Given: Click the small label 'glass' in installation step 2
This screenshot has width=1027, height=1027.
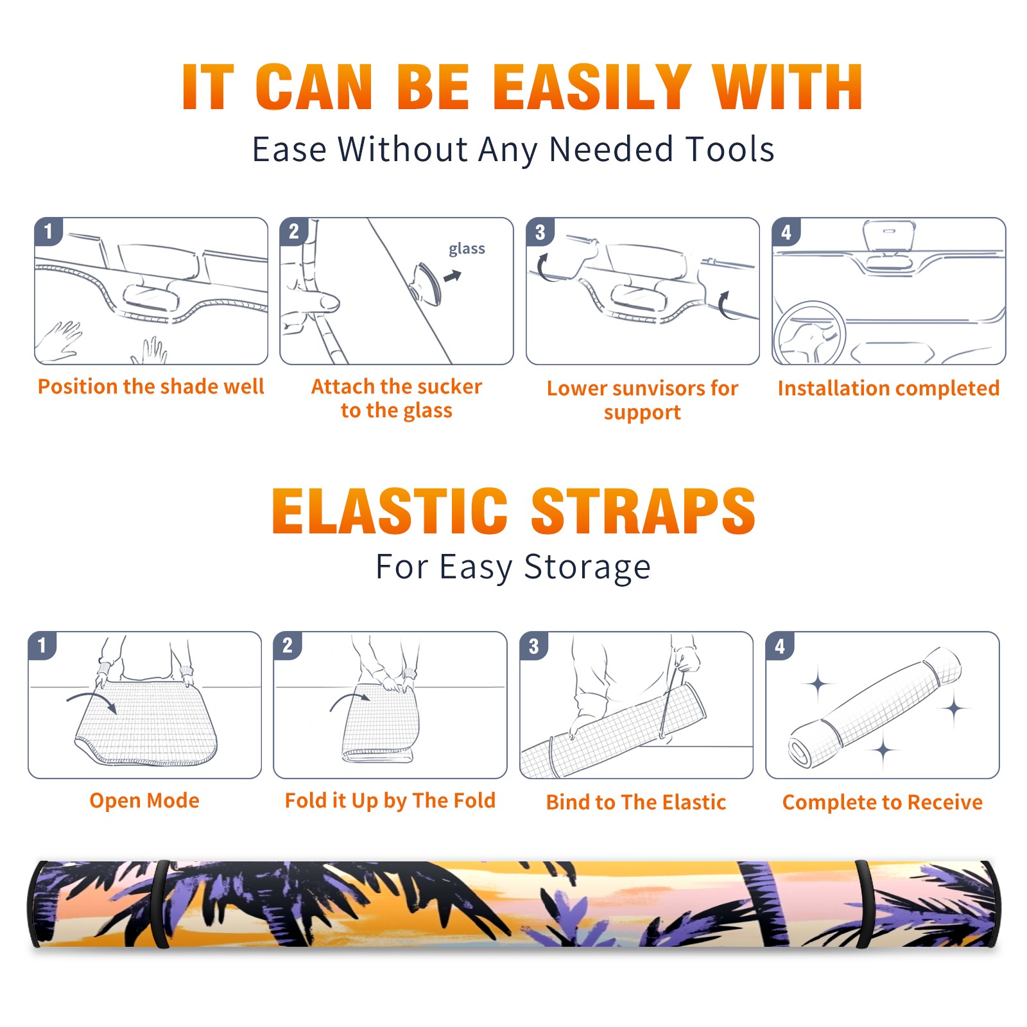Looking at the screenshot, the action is pos(467,249).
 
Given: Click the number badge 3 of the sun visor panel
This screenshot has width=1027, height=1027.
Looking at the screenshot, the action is pos(540,232).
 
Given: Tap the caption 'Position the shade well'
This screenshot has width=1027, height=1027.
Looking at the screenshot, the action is pos(151,386).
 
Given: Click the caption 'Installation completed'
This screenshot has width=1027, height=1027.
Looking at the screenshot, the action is pos(888,388).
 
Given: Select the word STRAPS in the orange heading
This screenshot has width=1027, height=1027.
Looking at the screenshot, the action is pos(643,511).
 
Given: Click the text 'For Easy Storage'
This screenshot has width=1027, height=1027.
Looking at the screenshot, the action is pos(513,567).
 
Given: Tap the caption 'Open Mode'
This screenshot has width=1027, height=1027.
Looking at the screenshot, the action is pos(144,800).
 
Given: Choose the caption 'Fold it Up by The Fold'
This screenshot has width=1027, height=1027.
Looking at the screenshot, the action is pos(390,801).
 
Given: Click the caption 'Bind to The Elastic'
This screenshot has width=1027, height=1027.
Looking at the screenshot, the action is pos(636,802).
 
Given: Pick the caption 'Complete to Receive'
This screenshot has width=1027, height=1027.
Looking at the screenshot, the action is pos(883,802).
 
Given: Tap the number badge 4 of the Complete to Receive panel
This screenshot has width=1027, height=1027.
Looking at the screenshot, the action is pos(780,646).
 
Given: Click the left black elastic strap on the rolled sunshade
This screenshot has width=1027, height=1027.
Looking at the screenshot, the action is pos(160,904).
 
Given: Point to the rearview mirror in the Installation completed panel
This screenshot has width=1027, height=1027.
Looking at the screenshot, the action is pos(889,236).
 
